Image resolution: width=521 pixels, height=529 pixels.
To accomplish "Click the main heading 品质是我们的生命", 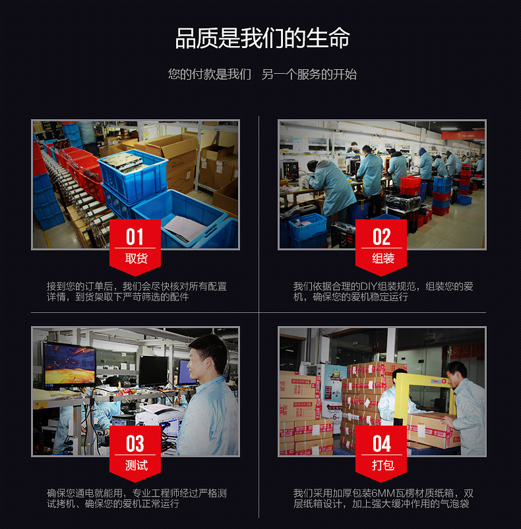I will click(262, 38).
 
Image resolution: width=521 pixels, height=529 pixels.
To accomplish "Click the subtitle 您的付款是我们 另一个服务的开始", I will click(262, 74).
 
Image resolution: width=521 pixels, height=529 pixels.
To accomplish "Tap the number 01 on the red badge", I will click(135, 237).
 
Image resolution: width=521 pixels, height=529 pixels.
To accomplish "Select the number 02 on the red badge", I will click(382, 237).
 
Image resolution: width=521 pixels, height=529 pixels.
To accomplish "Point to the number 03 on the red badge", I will click(135, 443).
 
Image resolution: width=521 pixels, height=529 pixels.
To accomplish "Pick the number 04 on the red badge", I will click(382, 443).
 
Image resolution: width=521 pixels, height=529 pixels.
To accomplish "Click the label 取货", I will click(135, 258).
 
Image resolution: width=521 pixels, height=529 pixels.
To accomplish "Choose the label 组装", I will click(383, 258).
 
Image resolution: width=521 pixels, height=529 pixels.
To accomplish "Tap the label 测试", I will click(135, 465).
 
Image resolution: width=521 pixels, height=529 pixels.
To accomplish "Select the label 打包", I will click(383, 465).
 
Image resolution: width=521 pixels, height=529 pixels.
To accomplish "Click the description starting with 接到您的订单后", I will click(136, 292).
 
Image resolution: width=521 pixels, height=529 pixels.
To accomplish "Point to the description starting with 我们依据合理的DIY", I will click(383, 292).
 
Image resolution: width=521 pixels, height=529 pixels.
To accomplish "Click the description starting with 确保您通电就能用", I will click(136, 499).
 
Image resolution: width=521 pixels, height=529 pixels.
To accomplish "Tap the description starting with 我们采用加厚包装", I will click(383, 499).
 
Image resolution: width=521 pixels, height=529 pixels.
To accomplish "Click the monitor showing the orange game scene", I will click(69, 364).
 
